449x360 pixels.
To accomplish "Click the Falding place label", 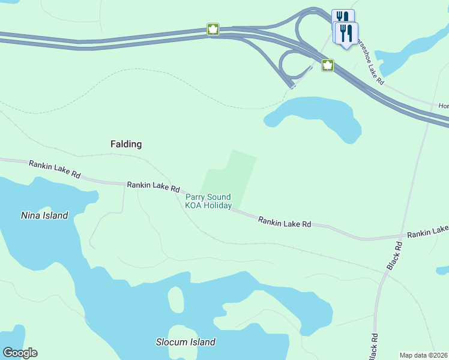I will point(126,144).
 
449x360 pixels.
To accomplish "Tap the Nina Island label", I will point(44,215).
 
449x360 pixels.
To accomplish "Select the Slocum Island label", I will point(185,342).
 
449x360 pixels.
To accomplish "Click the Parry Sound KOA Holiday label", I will point(208,201).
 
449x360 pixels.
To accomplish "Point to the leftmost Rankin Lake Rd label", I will point(54,170).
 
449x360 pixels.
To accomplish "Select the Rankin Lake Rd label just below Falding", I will point(153,187).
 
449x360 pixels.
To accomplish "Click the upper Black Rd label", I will point(394,256).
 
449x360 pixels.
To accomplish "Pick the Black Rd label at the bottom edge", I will point(373,346).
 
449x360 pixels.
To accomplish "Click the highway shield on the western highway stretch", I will point(212,29).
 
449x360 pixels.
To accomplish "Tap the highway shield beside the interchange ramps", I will point(328,65).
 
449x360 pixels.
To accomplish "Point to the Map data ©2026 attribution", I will point(423,355).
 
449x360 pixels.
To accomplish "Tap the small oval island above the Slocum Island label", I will point(175,298).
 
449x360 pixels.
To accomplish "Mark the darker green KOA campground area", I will point(231,177).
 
